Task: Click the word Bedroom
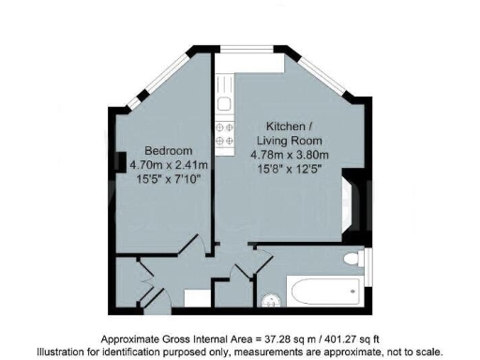[168, 151]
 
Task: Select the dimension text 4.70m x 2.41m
[169, 165]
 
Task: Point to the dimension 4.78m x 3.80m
[290, 156]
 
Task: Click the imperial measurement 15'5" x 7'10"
[168, 180]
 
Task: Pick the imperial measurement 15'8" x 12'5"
[291, 171]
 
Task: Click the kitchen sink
[225, 93]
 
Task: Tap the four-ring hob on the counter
[225, 137]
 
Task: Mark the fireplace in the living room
[350, 200]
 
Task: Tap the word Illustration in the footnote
[65, 351]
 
